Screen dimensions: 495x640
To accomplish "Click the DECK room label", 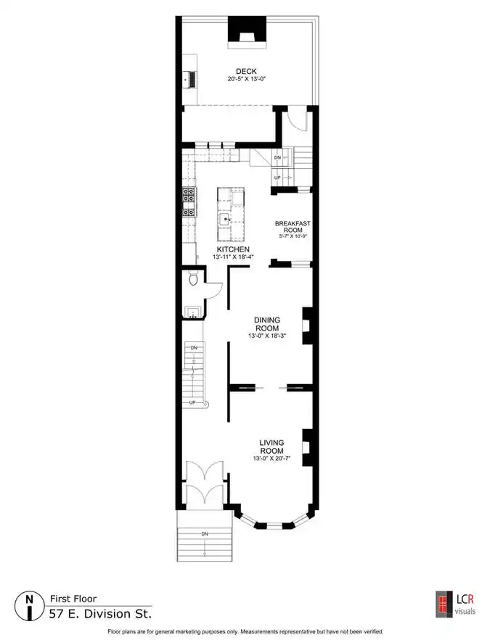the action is tap(246, 72).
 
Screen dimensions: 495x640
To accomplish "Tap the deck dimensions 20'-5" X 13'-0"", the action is tap(247, 79).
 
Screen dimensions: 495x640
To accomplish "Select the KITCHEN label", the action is tap(233, 249).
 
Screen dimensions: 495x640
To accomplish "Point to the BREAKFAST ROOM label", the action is tap(292, 227).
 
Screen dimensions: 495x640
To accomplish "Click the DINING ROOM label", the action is tap(267, 324).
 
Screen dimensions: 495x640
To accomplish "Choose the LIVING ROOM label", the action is tap(272, 446).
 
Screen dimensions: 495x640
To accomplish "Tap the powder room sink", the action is tap(193, 312).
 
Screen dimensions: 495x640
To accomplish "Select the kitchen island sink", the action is tap(225, 219).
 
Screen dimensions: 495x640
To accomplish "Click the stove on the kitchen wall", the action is tap(189, 201).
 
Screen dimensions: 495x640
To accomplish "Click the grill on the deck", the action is tap(192, 79).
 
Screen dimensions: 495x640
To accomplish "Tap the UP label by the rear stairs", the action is tap(277, 178).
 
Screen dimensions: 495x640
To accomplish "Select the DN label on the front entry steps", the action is tap(205, 534).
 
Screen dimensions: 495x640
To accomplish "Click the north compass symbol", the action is tap(29, 606).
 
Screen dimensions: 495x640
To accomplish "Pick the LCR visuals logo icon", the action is tap(444, 604).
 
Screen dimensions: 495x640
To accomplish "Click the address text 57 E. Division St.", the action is tap(100, 614).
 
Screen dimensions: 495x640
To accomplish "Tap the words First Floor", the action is tap(73, 599).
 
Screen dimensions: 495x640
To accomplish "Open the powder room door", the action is tap(213, 291).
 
